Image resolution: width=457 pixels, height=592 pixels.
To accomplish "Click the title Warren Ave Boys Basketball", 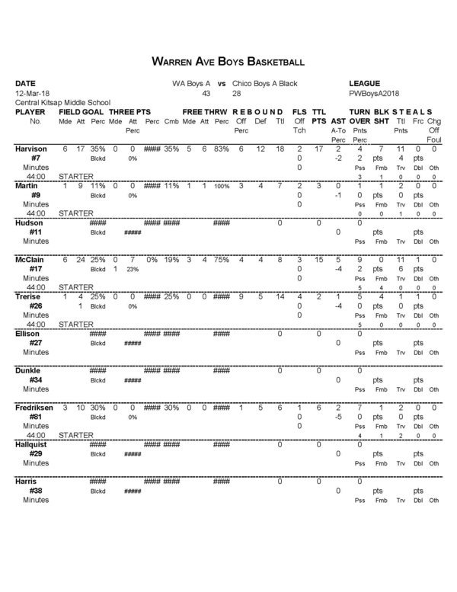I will pyautogui.click(x=228, y=60).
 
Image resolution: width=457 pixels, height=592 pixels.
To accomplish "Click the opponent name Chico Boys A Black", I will pyautogui.click(x=264, y=83).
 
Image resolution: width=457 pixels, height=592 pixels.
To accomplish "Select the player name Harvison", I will pyautogui.click(x=32, y=149).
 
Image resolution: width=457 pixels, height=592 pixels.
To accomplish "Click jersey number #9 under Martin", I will pyautogui.click(x=35, y=195).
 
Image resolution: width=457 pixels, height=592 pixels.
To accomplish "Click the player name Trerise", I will pyautogui.click(x=30, y=297).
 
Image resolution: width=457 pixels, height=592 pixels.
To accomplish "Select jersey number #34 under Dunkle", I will pyautogui.click(x=35, y=379).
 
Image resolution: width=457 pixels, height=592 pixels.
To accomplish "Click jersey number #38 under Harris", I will pyautogui.click(x=35, y=491).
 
